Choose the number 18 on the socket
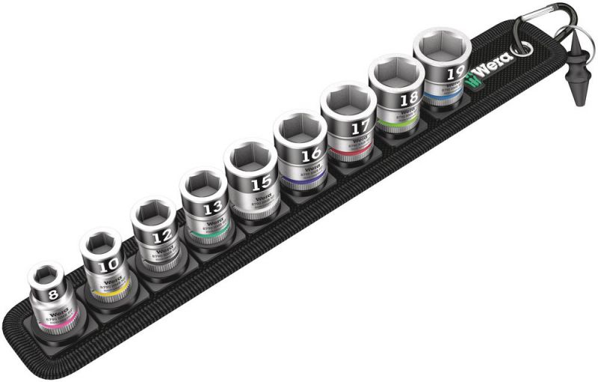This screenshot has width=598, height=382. pyautogui.click(x=409, y=99)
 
